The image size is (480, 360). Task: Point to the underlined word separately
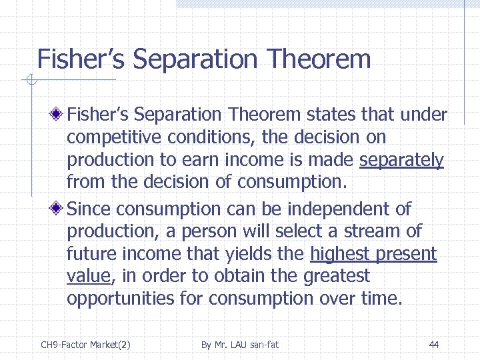[401, 161]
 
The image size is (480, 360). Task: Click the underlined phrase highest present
[373, 254]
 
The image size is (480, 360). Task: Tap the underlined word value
[91, 276]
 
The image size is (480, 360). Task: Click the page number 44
[434, 345]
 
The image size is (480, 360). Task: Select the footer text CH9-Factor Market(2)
[85, 345]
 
